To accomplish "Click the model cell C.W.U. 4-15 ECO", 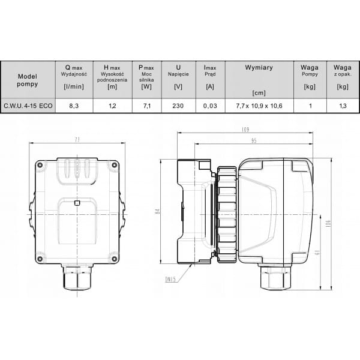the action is pos(28,106).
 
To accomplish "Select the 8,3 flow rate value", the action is pos(74,106).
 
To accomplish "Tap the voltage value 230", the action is pos(178,106).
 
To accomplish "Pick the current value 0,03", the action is pos(210,106).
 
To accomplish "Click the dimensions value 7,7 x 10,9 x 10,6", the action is pos(259,106).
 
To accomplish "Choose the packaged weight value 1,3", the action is pos(343,106).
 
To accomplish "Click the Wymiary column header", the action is pos(259,67).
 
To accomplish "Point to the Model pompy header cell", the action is pos(28,80).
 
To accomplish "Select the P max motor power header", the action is pos(146,77).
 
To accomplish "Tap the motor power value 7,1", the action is pos(147,106).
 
